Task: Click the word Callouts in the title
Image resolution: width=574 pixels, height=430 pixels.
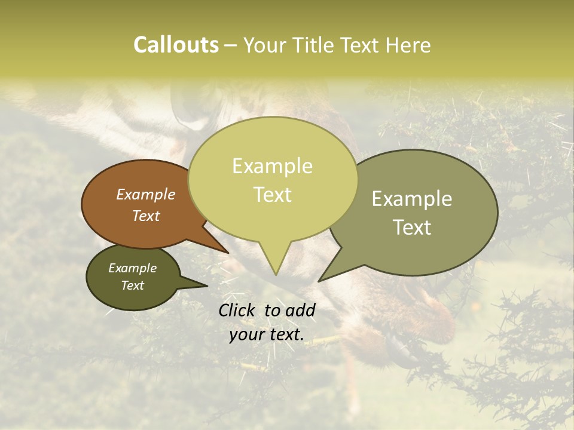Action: [x=176, y=45]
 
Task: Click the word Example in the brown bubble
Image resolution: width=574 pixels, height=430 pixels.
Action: [x=145, y=195]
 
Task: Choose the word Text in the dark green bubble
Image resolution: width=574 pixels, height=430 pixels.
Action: [x=132, y=285]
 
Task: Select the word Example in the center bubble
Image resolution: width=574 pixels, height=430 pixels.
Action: [x=272, y=166]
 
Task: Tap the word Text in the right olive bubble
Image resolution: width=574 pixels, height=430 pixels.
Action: [x=412, y=228]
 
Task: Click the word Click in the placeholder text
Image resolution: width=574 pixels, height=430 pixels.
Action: [x=238, y=310]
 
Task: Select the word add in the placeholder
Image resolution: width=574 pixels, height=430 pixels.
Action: [x=300, y=310]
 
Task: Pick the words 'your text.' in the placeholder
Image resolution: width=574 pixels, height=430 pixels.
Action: [x=266, y=334]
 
